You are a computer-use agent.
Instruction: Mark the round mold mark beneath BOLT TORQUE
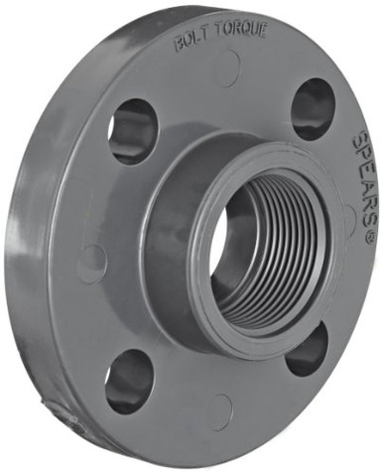[227, 68]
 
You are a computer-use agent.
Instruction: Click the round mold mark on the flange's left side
[91, 264]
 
